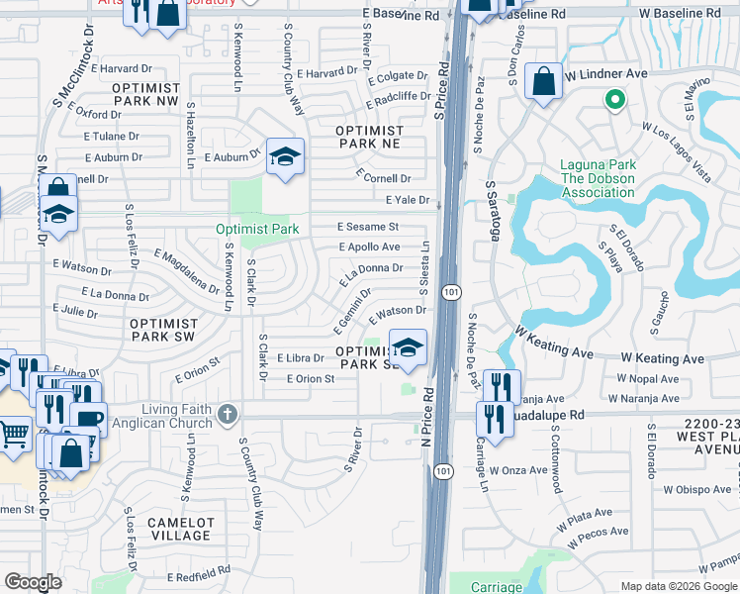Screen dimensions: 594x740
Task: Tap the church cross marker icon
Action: tap(229, 416)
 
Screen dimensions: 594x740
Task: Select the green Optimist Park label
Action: tap(257, 229)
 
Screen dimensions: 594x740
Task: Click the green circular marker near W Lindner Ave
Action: tap(613, 99)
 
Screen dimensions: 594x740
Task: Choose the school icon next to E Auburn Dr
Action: tap(285, 156)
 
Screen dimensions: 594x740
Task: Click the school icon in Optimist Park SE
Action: tap(407, 347)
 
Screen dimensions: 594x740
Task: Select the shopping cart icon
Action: tap(13, 433)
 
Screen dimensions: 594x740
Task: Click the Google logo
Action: tap(33, 582)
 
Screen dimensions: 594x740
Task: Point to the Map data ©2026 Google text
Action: tap(679, 586)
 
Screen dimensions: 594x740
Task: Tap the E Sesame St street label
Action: tap(367, 227)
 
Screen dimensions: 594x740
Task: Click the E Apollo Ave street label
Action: tap(369, 247)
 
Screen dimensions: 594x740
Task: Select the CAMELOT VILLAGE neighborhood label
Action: tap(179, 529)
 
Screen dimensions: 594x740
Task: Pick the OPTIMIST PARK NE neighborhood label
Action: tap(369, 137)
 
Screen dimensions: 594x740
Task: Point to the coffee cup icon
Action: tap(88, 419)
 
